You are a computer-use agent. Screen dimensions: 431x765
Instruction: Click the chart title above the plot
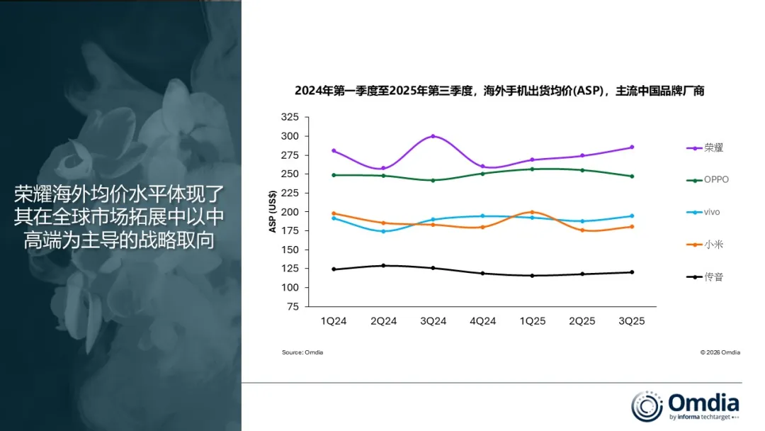click(499, 91)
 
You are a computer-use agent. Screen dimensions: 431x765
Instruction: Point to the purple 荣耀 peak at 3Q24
click(433, 136)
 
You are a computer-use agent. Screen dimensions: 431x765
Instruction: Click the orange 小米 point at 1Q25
click(532, 212)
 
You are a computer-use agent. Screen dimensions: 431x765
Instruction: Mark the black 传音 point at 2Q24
click(383, 266)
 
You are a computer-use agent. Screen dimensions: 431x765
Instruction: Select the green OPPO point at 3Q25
click(631, 176)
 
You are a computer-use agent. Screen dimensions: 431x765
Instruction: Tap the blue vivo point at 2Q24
click(383, 231)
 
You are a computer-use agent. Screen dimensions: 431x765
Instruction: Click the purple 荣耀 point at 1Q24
click(334, 151)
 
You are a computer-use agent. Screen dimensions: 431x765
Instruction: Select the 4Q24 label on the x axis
click(482, 321)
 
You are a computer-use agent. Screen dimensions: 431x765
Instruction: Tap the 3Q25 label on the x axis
click(631, 321)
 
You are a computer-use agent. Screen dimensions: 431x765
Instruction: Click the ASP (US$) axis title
click(272, 212)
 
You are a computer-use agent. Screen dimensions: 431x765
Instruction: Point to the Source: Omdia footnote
click(302, 352)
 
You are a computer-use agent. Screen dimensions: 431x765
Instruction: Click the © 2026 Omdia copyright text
click(720, 352)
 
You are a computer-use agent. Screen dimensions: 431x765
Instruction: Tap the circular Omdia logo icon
click(647, 405)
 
